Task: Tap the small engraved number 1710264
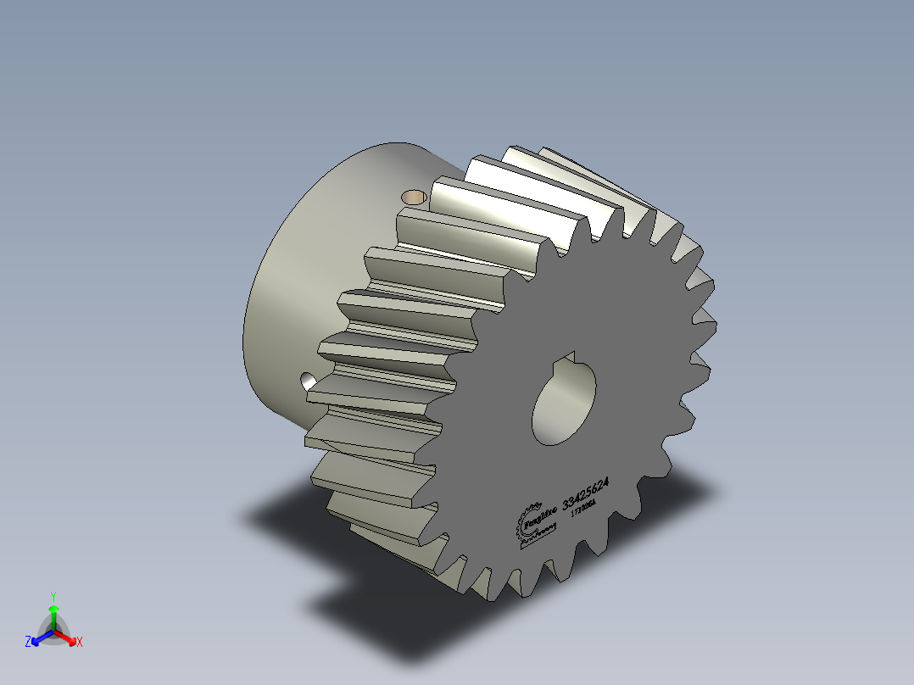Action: [x=583, y=509]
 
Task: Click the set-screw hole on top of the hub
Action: [x=414, y=198]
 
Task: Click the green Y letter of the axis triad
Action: [x=53, y=596]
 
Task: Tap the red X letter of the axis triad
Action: [x=79, y=643]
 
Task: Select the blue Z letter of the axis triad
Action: [x=28, y=643]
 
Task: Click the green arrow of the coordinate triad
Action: [x=53, y=614]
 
